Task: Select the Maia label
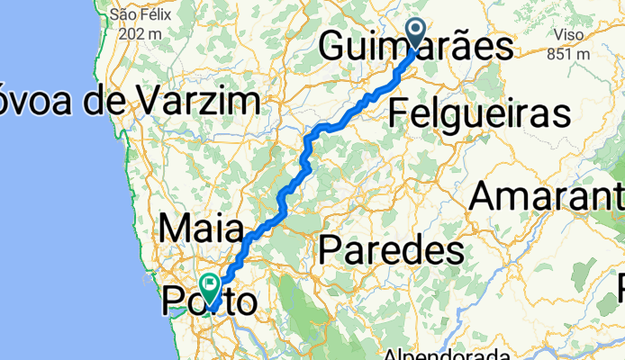pos(203,229)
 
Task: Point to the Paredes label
pos(392,247)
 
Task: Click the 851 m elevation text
pos(569,54)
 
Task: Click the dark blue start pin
pos(417,35)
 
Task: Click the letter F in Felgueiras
pos(399,114)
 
